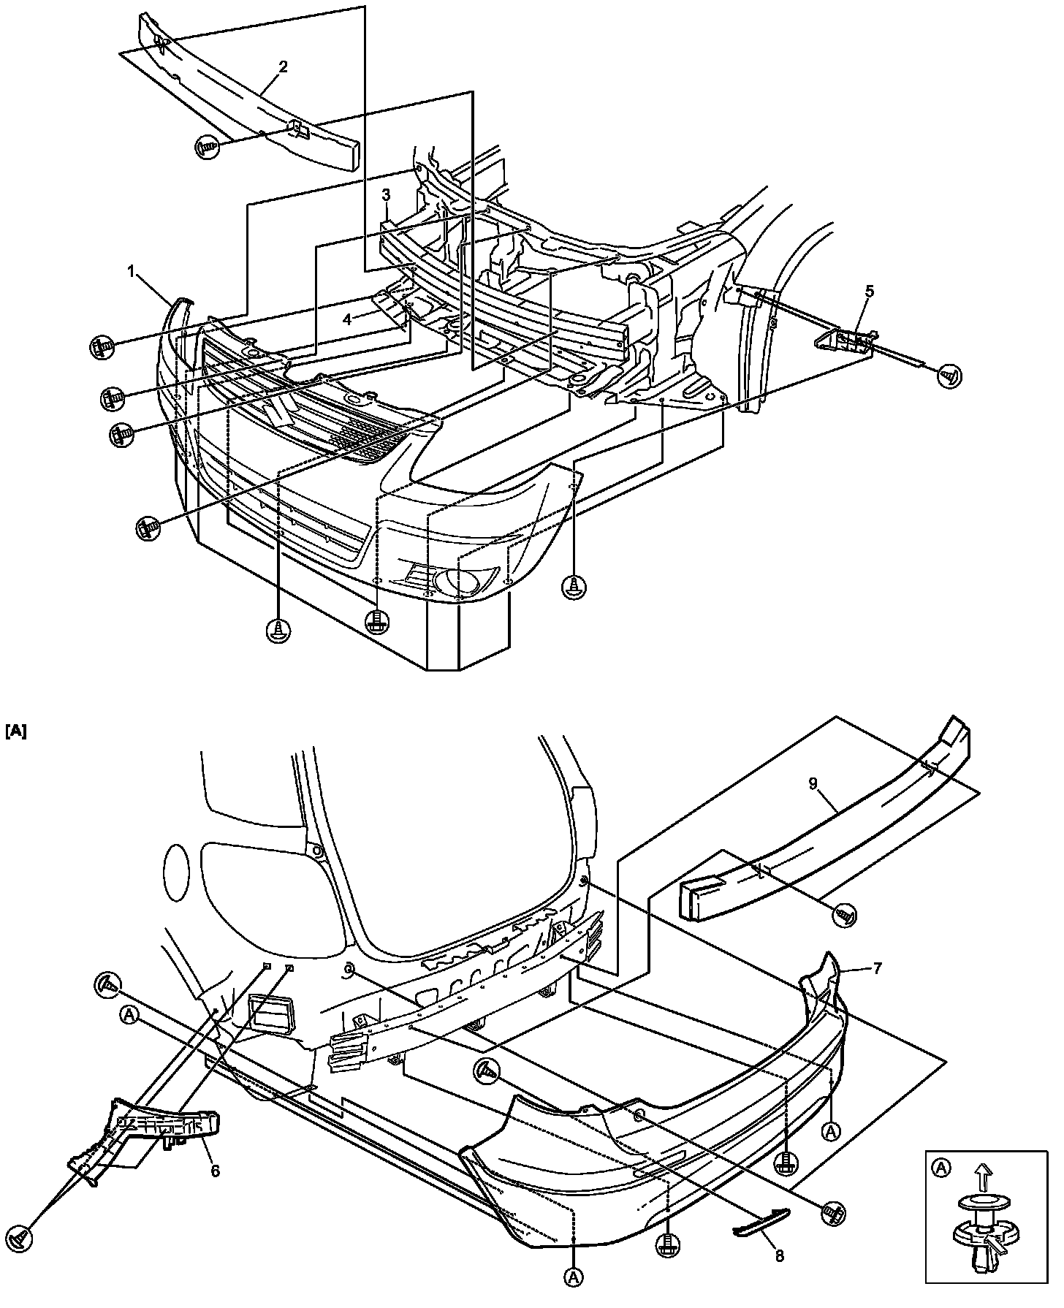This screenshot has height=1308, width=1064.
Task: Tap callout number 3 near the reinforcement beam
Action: coord(386,194)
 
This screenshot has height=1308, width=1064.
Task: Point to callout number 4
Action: coord(348,319)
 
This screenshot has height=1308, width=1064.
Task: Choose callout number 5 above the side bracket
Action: coord(869,291)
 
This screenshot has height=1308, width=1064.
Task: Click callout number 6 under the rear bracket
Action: coord(215,1171)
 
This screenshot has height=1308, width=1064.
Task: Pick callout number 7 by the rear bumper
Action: coord(877,969)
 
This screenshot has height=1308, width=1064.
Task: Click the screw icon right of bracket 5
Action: coord(950,376)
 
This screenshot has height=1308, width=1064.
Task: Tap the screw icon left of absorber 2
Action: coord(206,147)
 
